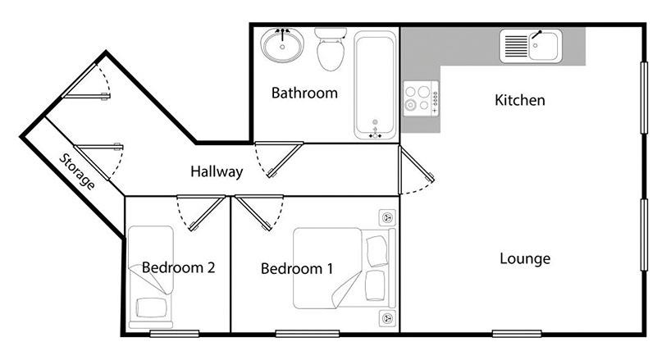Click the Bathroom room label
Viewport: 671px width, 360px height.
[304, 93]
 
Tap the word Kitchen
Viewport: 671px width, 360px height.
[519, 100]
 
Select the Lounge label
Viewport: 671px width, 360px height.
[525, 258]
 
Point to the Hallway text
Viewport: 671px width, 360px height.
[217, 172]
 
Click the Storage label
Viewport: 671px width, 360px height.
[77, 171]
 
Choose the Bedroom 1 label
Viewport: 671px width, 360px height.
[297, 268]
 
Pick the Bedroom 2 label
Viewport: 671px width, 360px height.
[178, 267]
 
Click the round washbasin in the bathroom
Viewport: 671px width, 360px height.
[282, 45]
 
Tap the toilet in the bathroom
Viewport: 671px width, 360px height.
[331, 49]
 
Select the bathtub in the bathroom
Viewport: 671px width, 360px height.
[376, 85]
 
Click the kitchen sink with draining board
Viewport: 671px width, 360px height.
[531, 46]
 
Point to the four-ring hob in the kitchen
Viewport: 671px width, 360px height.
[421, 98]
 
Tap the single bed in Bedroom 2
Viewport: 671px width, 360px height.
[151, 277]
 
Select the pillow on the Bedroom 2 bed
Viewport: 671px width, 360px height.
[151, 308]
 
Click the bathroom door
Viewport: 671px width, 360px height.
[279, 159]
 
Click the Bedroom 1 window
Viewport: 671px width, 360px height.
[308, 334]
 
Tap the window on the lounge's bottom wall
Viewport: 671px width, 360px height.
[517, 334]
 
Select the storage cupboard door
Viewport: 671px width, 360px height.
[99, 162]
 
